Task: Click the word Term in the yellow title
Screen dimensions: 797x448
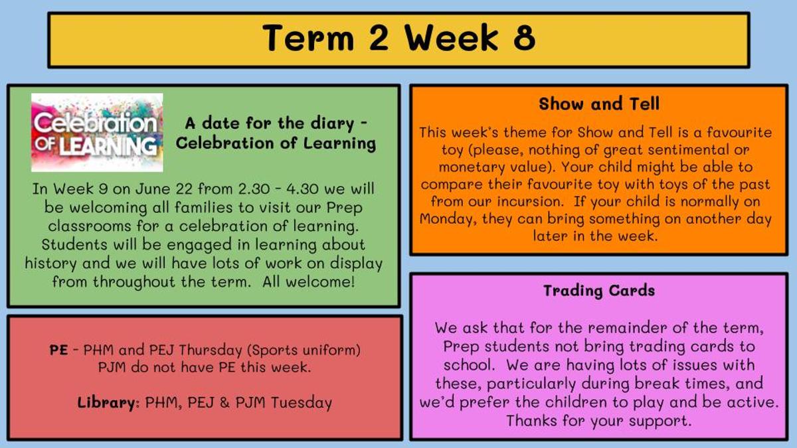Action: pyautogui.click(x=308, y=38)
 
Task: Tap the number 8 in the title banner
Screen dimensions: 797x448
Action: pyautogui.click(x=525, y=38)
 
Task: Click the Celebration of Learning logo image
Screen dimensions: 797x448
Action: pyautogui.click(x=97, y=133)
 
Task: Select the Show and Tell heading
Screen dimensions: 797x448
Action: pyautogui.click(x=599, y=104)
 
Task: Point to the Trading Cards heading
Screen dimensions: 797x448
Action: pyautogui.click(x=599, y=291)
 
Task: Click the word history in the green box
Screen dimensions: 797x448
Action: pyautogui.click(x=50, y=264)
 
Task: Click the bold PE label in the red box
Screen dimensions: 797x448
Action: pyautogui.click(x=58, y=350)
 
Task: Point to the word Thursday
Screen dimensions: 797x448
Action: pyautogui.click(x=211, y=350)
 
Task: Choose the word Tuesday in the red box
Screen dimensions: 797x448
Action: pyautogui.click(x=302, y=403)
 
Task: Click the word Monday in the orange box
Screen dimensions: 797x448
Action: pyautogui.click(x=449, y=219)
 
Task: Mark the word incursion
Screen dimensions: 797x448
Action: pyautogui.click(x=530, y=202)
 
